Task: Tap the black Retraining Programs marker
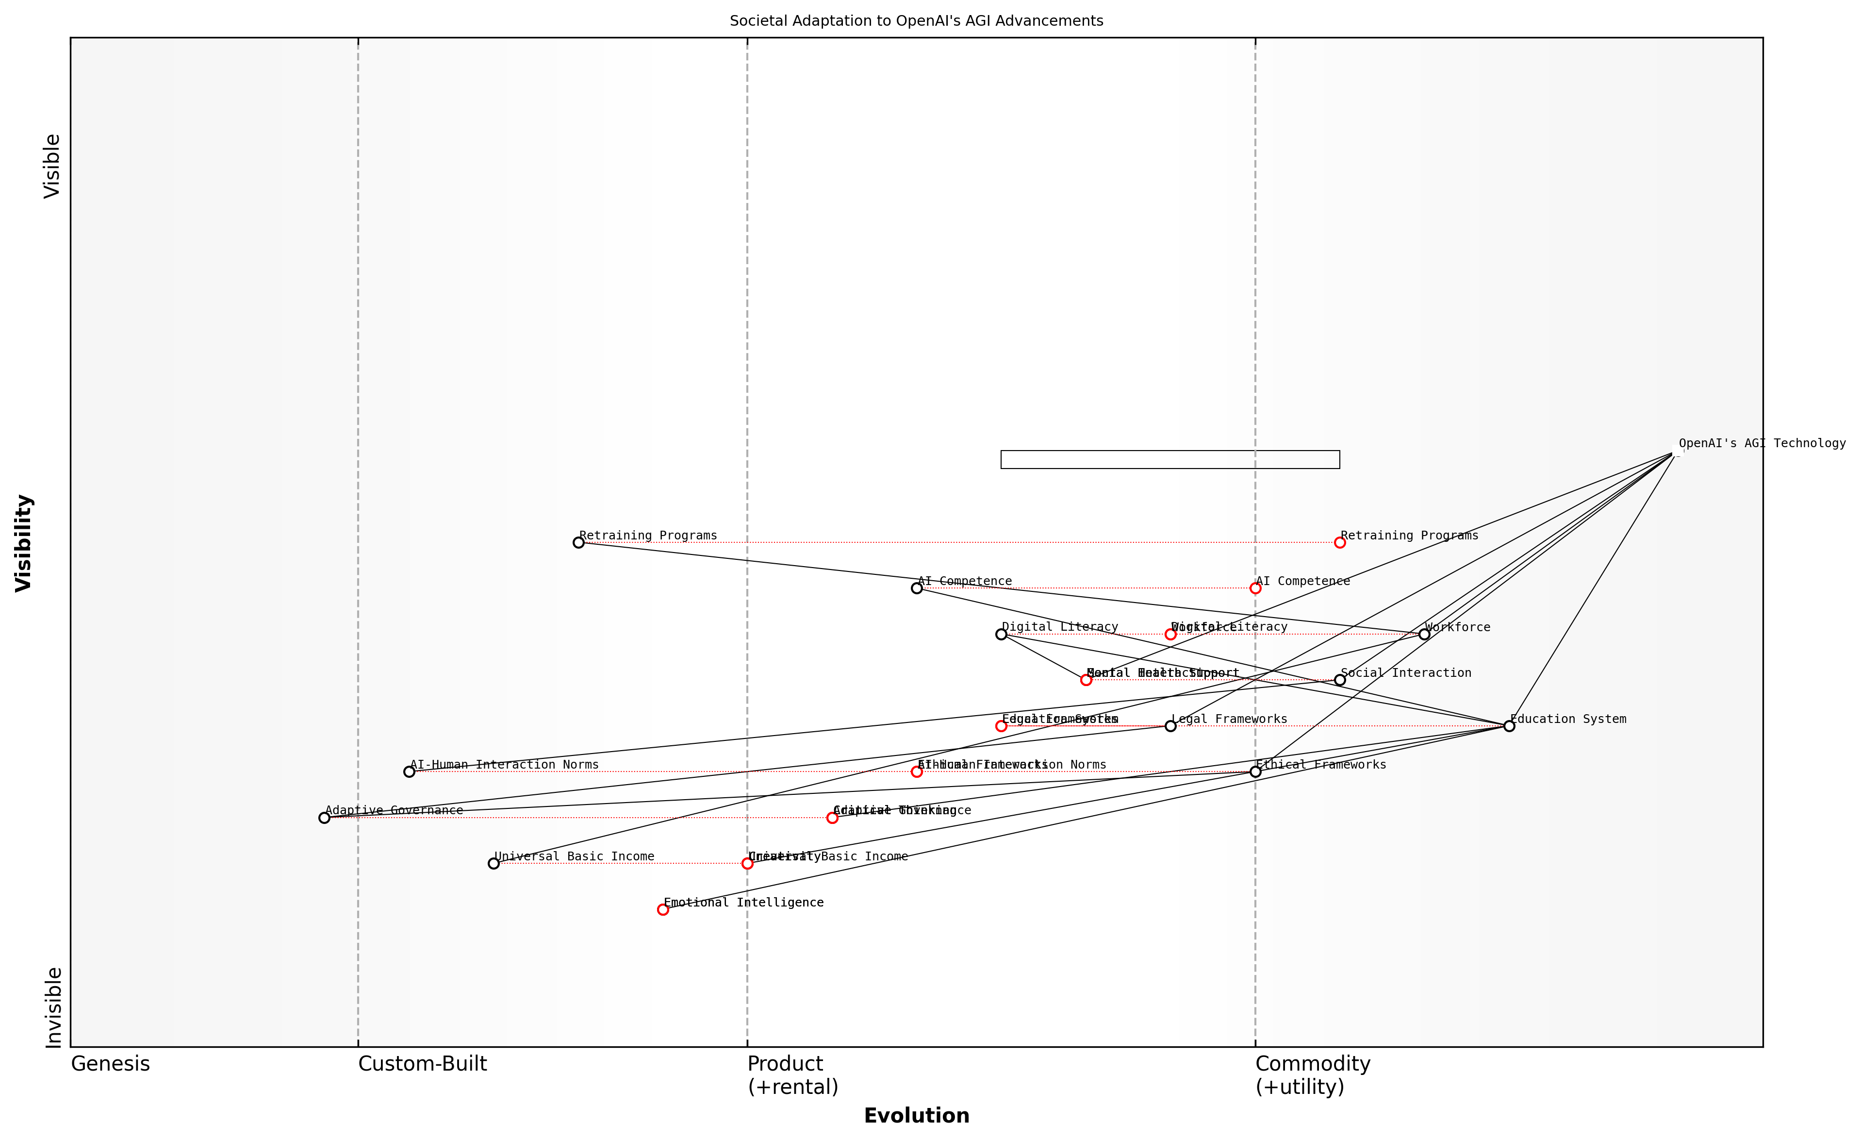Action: [x=578, y=542]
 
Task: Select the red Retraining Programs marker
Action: [x=1340, y=542]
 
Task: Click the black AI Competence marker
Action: [x=917, y=588]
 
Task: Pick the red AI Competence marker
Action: [x=1255, y=588]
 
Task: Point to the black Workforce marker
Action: [x=1424, y=634]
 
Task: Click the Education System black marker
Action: [x=1509, y=726]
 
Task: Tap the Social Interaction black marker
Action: [x=1340, y=680]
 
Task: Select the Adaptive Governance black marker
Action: [x=325, y=818]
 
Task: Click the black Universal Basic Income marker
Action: [x=494, y=864]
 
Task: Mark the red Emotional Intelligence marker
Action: [x=663, y=910]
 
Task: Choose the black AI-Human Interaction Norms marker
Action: [x=410, y=772]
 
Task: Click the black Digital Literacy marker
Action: [x=1002, y=634]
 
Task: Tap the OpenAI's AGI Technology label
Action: [x=1762, y=444]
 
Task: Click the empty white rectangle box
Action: [x=1170, y=459]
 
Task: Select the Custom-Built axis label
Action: [x=422, y=1064]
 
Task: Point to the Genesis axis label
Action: [x=110, y=1064]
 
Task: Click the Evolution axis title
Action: [x=916, y=1116]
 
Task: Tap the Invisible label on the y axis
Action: [x=53, y=1007]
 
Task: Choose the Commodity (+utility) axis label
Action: [x=1313, y=1075]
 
